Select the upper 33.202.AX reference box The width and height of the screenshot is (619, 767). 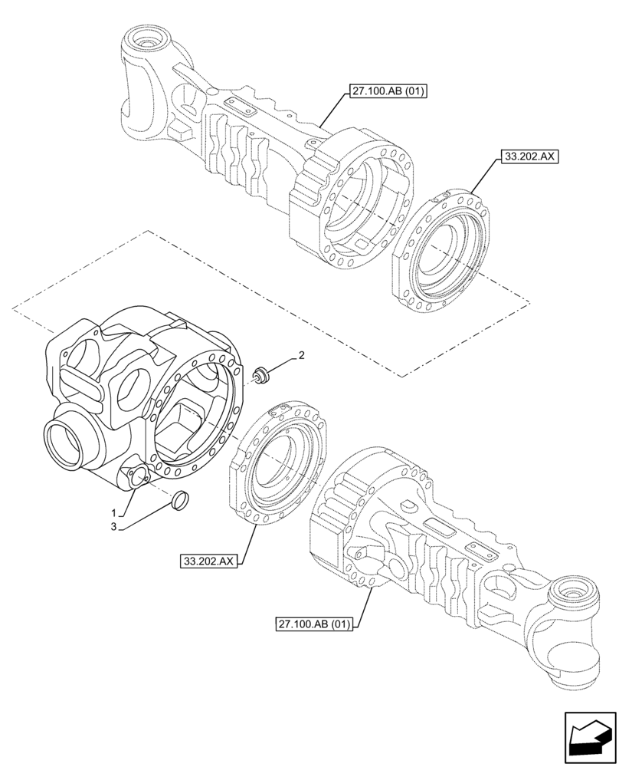[529, 156]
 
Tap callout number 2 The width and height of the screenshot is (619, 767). [302, 355]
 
